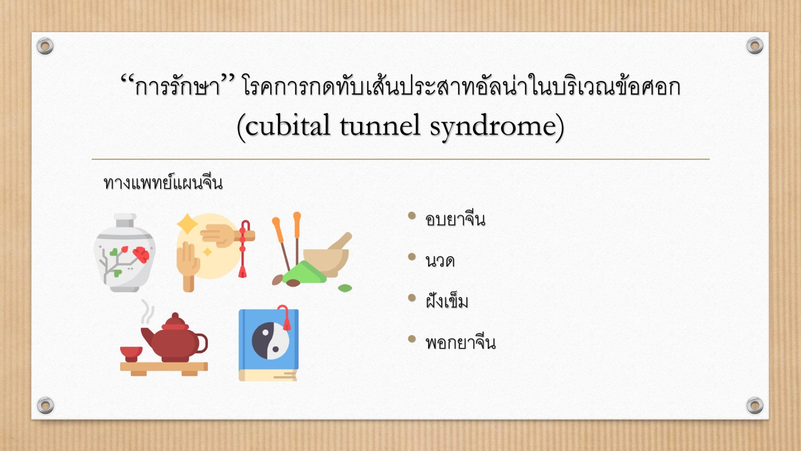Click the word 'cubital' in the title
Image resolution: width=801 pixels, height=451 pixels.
coord(288,126)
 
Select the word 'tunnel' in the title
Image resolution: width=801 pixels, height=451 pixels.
coord(380,126)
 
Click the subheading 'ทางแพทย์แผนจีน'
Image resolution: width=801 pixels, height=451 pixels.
coord(163,182)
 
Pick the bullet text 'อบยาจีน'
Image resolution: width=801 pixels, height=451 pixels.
coord(455,218)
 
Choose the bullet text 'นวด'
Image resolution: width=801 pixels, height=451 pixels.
coord(440,261)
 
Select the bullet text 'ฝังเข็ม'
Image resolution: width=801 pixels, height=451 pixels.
coord(447,300)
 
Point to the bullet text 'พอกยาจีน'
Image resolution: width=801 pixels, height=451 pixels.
coord(461,342)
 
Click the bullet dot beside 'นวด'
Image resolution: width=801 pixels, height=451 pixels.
coord(412,257)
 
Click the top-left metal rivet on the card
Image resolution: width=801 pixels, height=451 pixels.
coord(45,46)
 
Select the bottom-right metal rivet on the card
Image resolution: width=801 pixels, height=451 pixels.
coord(755,405)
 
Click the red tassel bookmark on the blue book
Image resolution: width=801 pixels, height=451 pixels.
coord(285,317)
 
